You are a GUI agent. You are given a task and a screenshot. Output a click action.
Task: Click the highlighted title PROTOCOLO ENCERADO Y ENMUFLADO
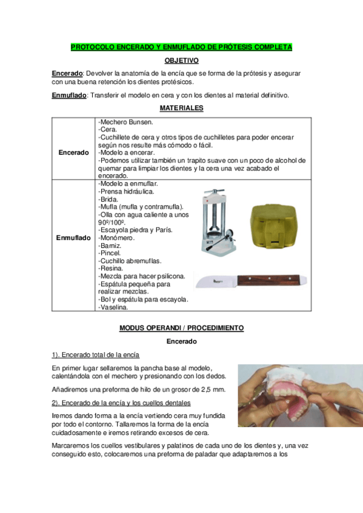coord(181,47)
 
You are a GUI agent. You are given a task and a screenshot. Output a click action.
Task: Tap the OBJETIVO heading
coord(181,60)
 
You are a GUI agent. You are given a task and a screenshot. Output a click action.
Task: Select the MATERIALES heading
coord(181,108)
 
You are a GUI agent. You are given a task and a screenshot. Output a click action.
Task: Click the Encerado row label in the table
coord(73,152)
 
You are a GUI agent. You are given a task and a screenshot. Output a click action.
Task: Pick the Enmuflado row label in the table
coord(73,238)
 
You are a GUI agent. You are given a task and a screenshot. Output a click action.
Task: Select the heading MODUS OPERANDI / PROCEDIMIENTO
coord(181,328)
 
